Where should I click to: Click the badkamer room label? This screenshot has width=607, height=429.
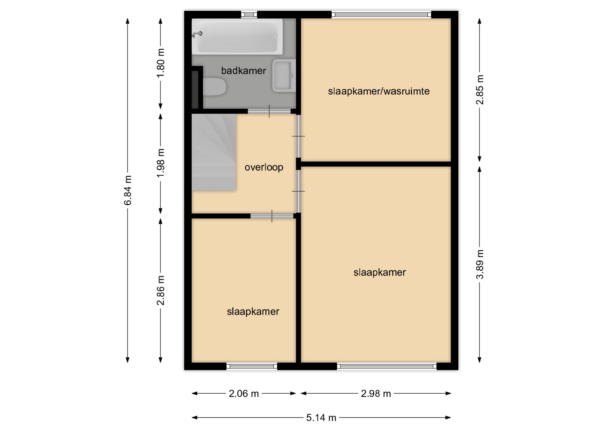pyautogui.click(x=243, y=71)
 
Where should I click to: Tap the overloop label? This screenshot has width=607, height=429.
pyautogui.click(x=264, y=167)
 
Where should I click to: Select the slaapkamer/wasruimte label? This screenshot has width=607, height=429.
pyautogui.click(x=379, y=91)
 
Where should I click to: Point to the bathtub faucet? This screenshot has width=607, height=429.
pyautogui.click(x=197, y=34)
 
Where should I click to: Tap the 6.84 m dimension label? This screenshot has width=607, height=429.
pyautogui.click(x=128, y=190)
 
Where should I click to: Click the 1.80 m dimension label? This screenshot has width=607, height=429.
pyautogui.click(x=161, y=63)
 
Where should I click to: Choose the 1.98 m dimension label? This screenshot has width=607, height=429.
pyautogui.click(x=161, y=163)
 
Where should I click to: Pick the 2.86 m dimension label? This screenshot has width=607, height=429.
pyautogui.click(x=161, y=290)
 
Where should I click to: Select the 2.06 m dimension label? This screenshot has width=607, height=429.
pyautogui.click(x=244, y=394)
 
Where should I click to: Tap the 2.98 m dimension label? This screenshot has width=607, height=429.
pyautogui.click(x=376, y=394)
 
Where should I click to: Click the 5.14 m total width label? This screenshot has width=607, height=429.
pyautogui.click(x=321, y=418)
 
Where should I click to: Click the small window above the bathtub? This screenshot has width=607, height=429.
pyautogui.click(x=249, y=15)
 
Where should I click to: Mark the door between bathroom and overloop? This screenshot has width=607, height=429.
pyautogui.click(x=269, y=111)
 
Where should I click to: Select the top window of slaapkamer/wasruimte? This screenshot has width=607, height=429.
pyautogui.click(x=381, y=15)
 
